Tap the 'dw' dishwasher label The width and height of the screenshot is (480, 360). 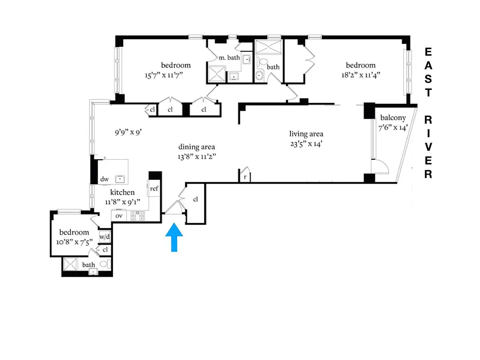point(104,179)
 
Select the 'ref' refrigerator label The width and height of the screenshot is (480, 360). point(154,189)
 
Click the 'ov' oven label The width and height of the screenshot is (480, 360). point(119,216)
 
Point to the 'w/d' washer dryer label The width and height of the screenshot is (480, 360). point(105,237)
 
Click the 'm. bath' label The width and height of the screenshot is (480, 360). point(229,58)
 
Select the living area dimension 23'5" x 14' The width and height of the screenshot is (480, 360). point(306,144)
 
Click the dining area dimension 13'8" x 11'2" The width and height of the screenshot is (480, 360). point(197,157)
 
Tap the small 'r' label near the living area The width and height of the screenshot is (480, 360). point(245,177)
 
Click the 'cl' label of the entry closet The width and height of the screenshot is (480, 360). point(196,199)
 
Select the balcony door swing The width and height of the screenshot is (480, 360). point(381,166)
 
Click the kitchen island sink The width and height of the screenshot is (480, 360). point(120,179)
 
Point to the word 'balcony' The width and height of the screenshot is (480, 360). point(393,117)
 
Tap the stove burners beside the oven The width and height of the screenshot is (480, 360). point(137,216)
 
